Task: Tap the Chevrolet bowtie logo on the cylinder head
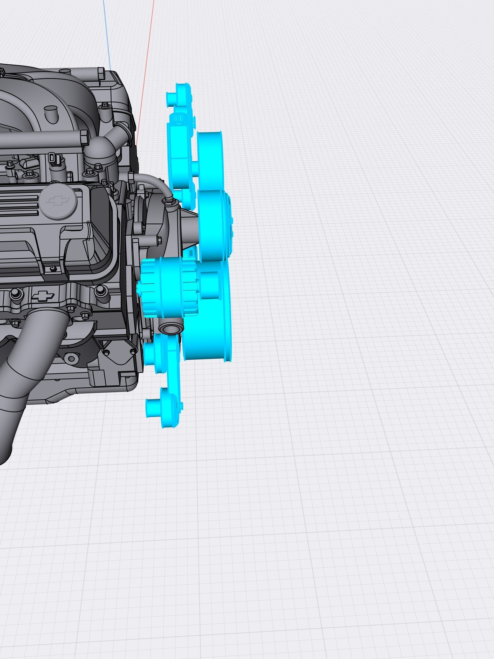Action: (43, 296)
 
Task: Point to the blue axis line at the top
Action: (107, 36)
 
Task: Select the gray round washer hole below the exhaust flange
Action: (71, 358)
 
